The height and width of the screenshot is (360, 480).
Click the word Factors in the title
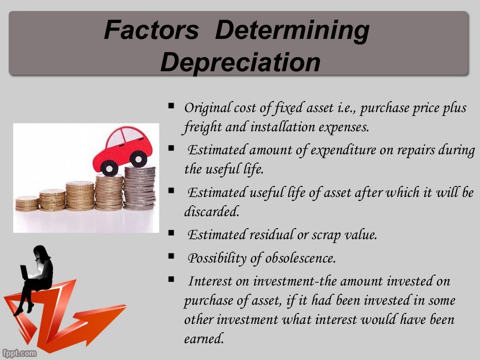pyautogui.click(x=151, y=30)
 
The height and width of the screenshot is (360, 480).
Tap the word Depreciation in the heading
pyautogui.click(x=240, y=62)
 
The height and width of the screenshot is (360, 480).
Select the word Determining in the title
pyautogui.click(x=292, y=30)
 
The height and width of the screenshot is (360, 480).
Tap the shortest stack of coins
pyautogui.click(x=27, y=203)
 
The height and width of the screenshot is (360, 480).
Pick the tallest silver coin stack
pyautogui.click(x=140, y=187)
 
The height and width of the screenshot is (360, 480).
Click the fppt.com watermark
pyautogui.click(x=19, y=352)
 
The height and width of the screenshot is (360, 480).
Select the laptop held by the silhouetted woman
pyautogui.click(x=24, y=272)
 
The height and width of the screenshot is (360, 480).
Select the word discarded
pyautogui.click(x=211, y=212)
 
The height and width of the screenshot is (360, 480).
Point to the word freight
pyautogui.click(x=202, y=127)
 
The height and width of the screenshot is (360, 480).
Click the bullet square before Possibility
pyautogui.click(x=171, y=256)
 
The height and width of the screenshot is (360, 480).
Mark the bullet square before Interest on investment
pyautogui.click(x=171, y=280)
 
